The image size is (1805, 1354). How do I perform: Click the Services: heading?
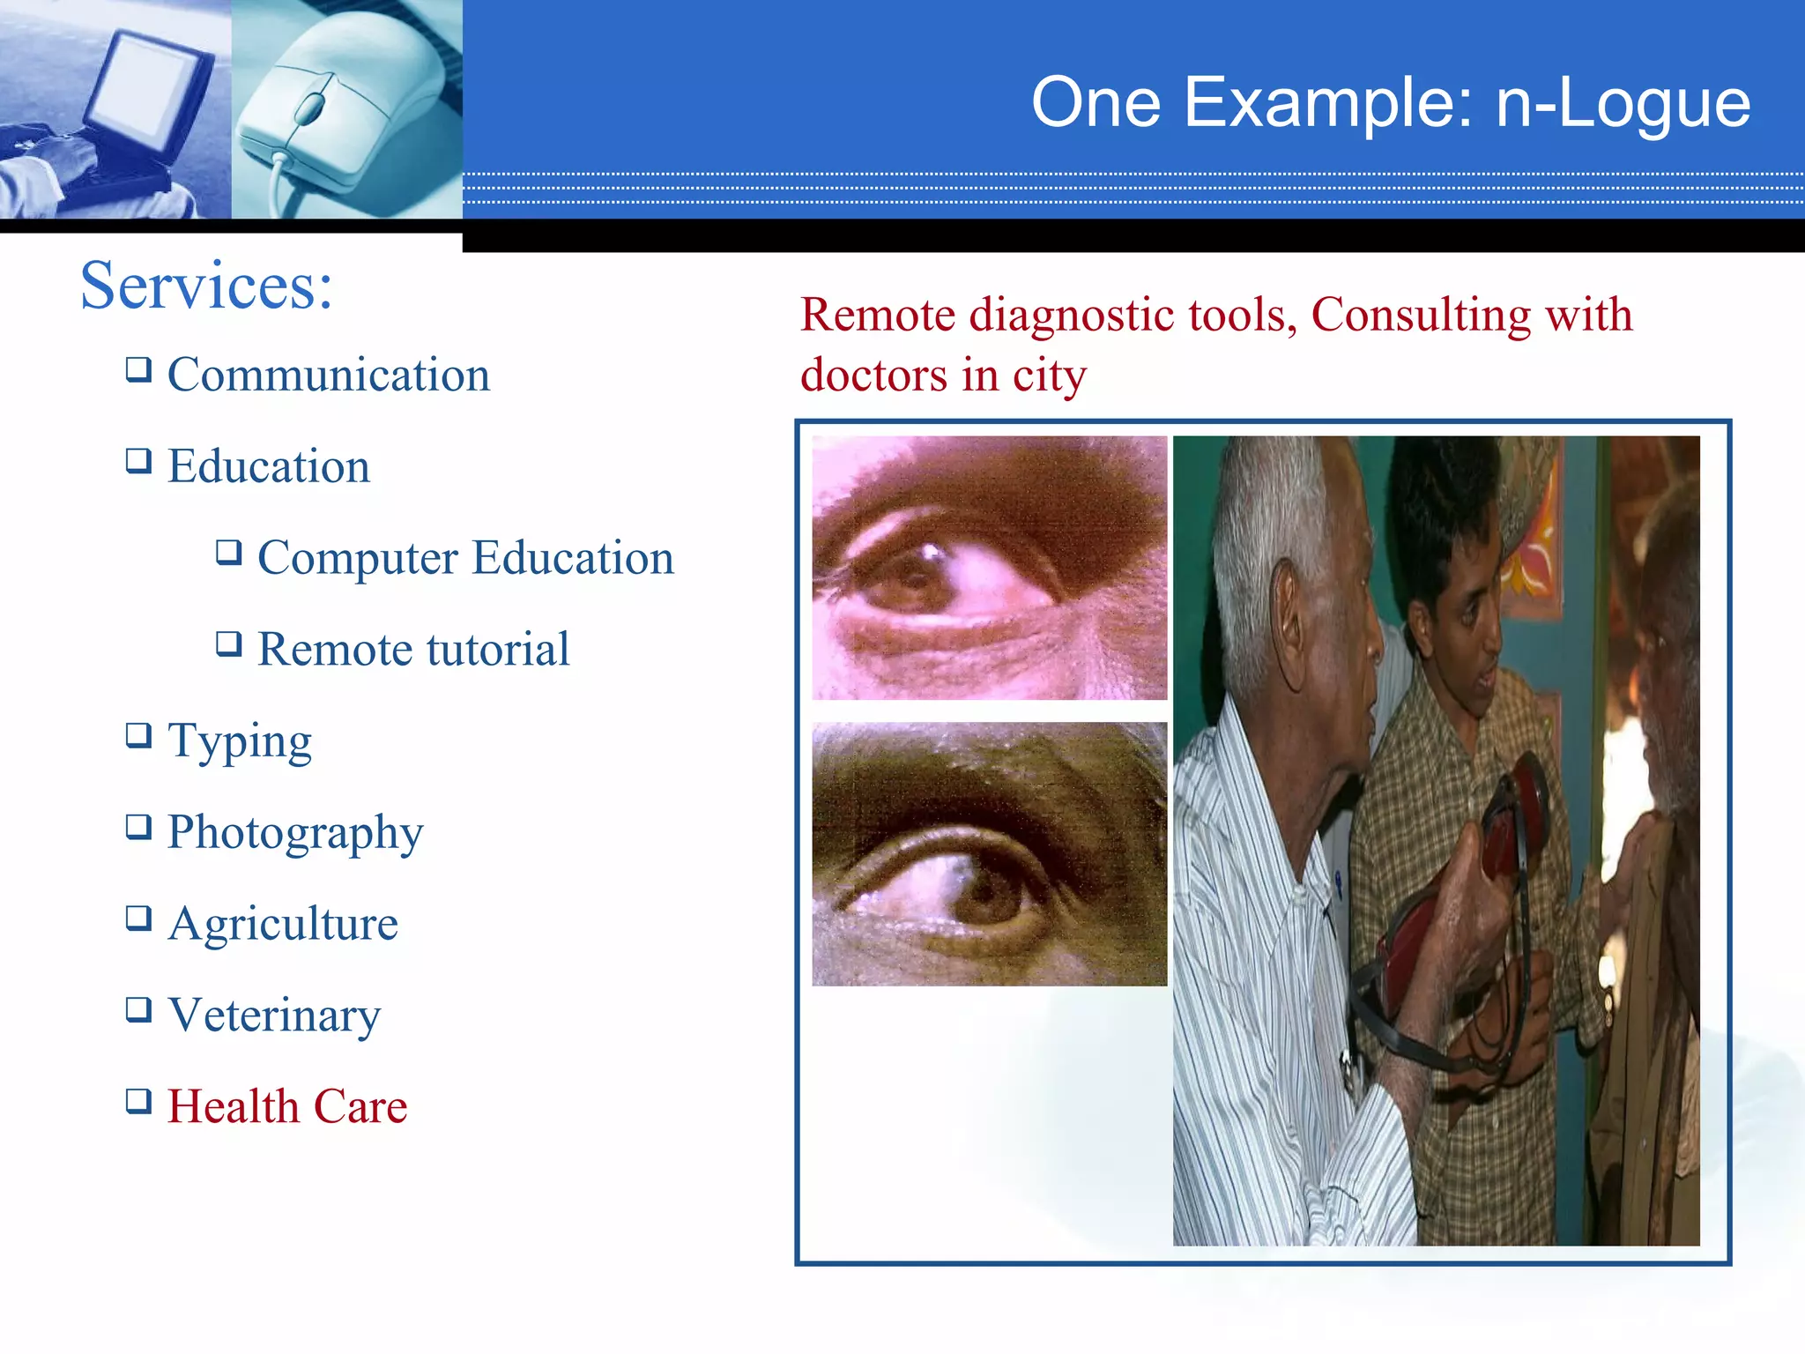[x=206, y=286]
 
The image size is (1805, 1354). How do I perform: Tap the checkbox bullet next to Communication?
[x=138, y=368]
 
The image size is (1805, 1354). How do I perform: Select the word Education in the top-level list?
[x=269, y=466]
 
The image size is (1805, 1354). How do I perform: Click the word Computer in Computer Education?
[x=358, y=558]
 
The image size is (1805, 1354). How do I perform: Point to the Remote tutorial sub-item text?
[x=412, y=650]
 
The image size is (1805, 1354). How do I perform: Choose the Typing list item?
[x=240, y=741]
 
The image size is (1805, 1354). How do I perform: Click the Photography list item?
[x=295, y=833]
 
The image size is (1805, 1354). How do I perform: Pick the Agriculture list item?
[x=283, y=924]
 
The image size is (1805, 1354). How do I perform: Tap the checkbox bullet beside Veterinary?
[x=138, y=1008]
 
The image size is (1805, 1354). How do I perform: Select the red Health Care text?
[x=287, y=1106]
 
